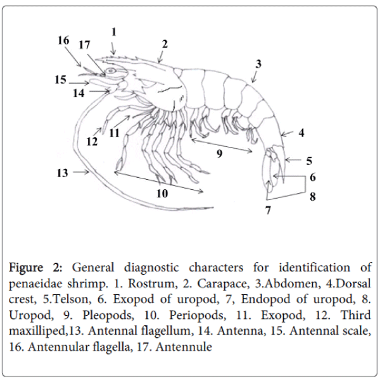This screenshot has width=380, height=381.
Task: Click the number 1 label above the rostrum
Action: (x=113, y=31)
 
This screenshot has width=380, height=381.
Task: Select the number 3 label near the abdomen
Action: (x=258, y=63)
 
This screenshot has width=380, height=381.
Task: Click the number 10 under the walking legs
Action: (x=162, y=194)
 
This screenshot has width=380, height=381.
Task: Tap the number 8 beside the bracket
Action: (x=312, y=197)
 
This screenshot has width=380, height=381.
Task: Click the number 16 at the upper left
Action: (x=63, y=41)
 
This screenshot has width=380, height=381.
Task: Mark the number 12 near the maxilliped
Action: (x=92, y=142)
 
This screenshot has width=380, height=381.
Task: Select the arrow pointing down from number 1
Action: (x=113, y=46)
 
